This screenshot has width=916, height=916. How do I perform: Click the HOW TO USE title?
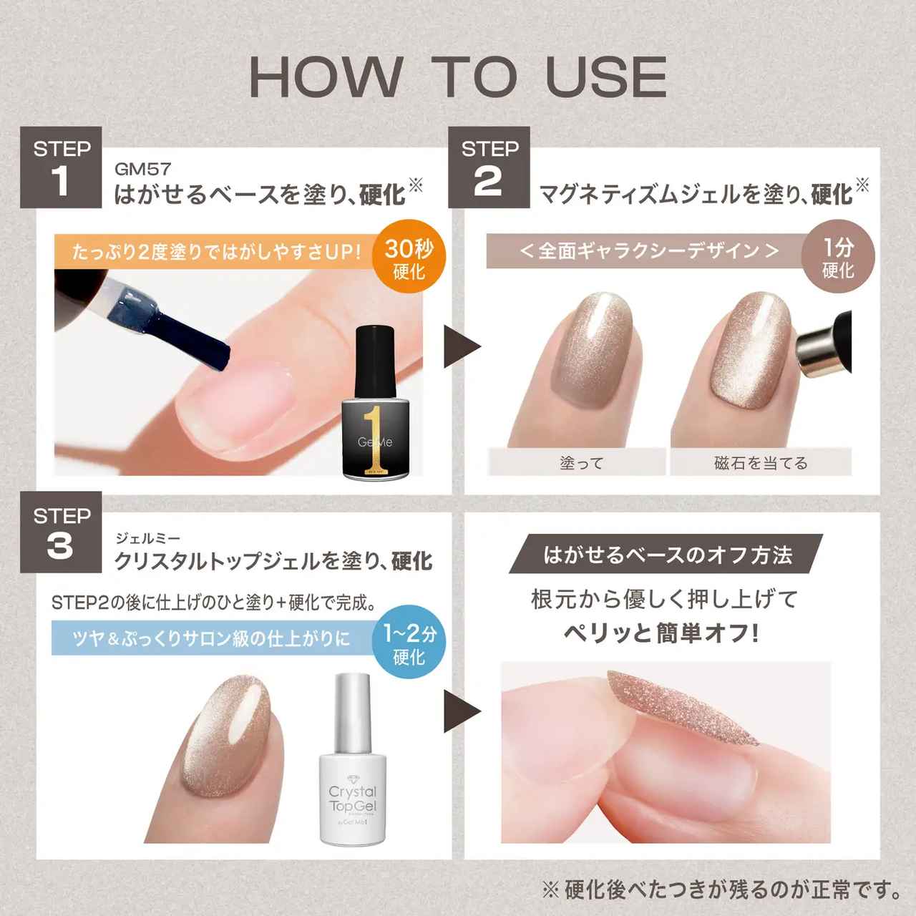point(458,77)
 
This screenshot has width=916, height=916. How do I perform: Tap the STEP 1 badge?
point(61,167)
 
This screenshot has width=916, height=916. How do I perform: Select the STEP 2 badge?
point(489,167)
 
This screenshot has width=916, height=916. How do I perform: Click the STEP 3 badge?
point(61,532)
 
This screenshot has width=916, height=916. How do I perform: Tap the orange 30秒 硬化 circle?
point(409,259)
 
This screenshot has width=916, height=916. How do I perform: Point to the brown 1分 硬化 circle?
point(837,258)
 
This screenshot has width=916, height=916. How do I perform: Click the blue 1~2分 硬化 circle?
point(409,644)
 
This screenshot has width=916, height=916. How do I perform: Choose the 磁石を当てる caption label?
point(761,462)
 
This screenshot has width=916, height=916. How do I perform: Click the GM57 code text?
point(142,170)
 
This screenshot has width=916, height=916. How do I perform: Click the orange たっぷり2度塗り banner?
point(215,252)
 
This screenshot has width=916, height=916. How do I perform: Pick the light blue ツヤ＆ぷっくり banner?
point(212,638)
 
